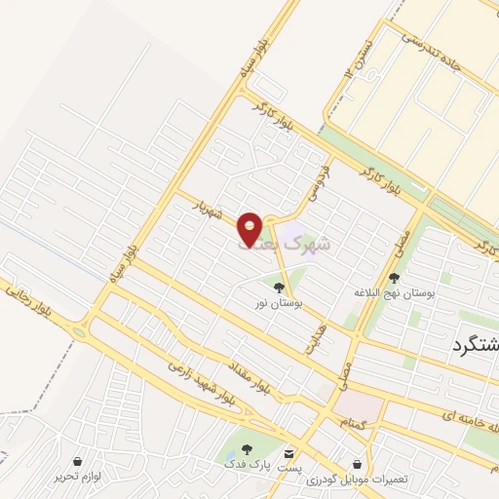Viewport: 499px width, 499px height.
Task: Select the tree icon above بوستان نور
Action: tap(280, 288)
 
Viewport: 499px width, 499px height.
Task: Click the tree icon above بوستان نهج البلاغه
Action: tap(394, 278)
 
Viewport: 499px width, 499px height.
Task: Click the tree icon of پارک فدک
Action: tap(245, 450)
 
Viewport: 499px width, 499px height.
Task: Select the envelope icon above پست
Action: tap(288, 453)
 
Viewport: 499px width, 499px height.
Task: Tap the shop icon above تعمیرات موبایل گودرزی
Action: tap(359, 464)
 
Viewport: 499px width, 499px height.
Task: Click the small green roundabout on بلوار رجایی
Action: tap(79, 332)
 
